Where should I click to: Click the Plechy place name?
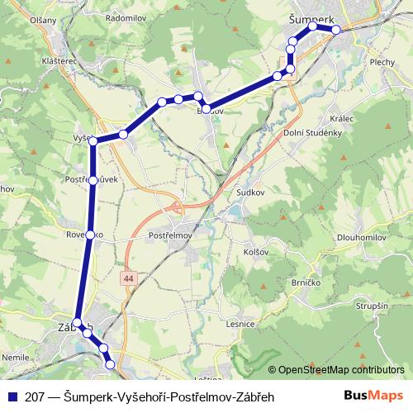coord(382,61)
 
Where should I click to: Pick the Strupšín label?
coord(371,306)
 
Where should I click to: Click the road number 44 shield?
coord(128,279)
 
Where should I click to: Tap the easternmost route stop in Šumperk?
coord(336,30)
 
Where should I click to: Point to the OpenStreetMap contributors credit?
coord(339,371)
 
